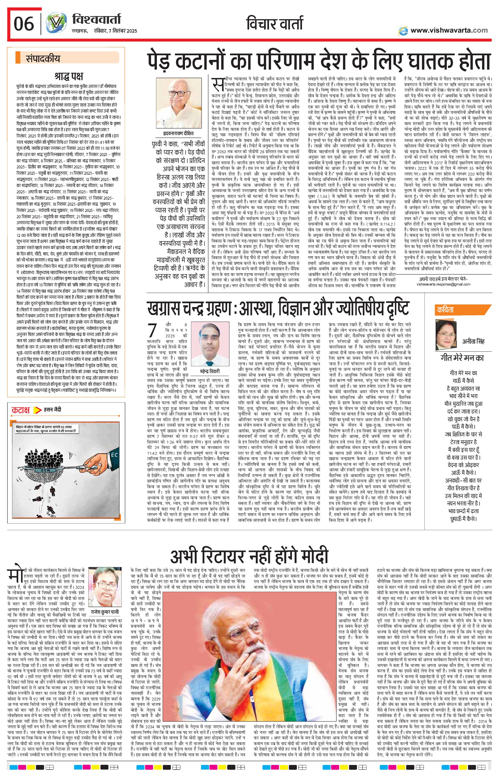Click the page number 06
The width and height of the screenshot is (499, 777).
point(24,23)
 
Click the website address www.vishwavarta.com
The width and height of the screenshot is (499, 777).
point(449,30)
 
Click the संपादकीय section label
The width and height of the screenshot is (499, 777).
point(43,59)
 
